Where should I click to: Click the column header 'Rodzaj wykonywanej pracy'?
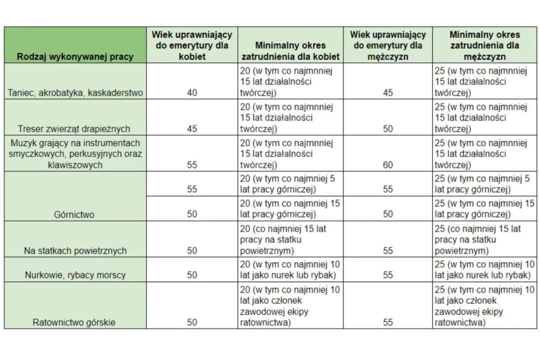[75, 56]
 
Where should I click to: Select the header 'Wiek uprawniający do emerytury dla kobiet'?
[192, 45]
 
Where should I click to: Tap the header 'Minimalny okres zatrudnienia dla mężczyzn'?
[484, 45]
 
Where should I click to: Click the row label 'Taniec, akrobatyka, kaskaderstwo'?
[75, 92]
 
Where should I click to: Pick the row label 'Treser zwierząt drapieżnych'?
[75, 128]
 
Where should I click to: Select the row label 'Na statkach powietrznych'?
[75, 250]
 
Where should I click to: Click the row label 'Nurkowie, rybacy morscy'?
[75, 274]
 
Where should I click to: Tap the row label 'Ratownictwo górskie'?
[74, 322]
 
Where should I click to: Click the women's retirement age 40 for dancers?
[192, 92]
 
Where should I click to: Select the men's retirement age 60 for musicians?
[387, 164]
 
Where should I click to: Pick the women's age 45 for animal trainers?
[192, 128]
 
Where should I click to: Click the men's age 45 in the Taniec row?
[387, 92]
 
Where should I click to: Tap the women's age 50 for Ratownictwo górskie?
[192, 322]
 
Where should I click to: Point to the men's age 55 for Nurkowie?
[387, 274]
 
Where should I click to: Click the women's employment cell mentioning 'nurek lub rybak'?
[290, 269]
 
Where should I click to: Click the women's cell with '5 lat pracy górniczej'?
[290, 183]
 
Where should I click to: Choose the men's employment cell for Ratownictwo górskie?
[484, 305]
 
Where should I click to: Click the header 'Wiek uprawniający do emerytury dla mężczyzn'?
[387, 45]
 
